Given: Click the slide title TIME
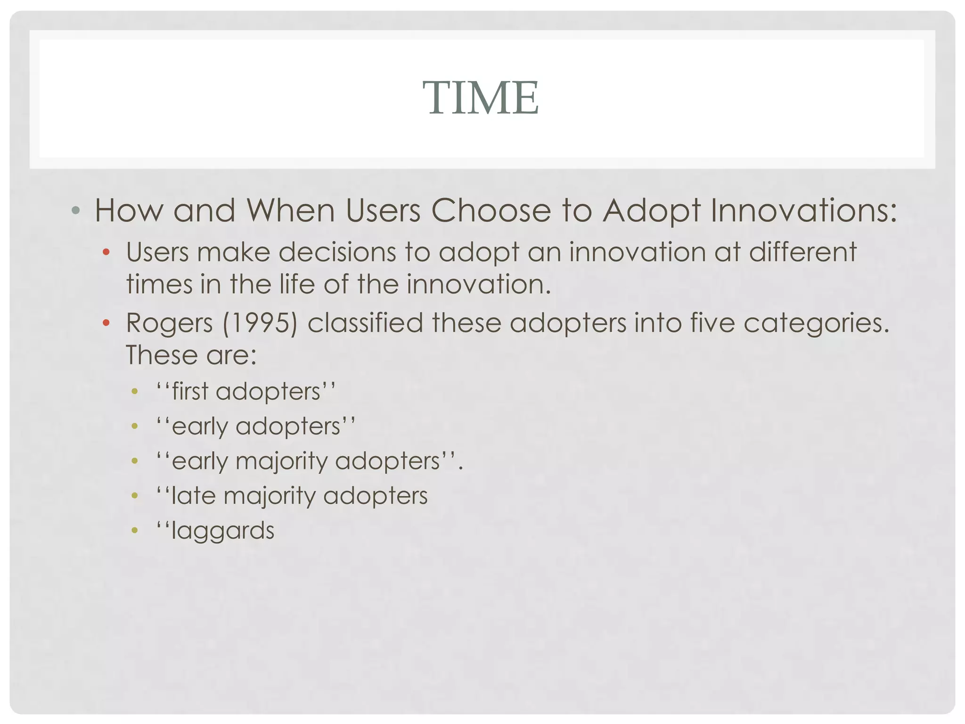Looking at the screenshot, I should [481, 98].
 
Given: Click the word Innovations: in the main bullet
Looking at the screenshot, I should [803, 210].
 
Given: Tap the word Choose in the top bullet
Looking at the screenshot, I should [491, 210].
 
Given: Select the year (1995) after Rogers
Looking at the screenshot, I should [260, 323].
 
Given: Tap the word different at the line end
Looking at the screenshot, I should [802, 252].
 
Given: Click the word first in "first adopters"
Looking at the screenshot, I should [190, 391].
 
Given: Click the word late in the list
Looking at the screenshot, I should [193, 496].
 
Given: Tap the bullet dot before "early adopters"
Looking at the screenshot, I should [135, 427].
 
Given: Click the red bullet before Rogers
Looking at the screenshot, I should [106, 323].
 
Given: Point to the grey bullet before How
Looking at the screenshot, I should [75, 210].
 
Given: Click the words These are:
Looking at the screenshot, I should [191, 355].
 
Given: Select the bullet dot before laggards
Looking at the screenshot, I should [135, 531].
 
